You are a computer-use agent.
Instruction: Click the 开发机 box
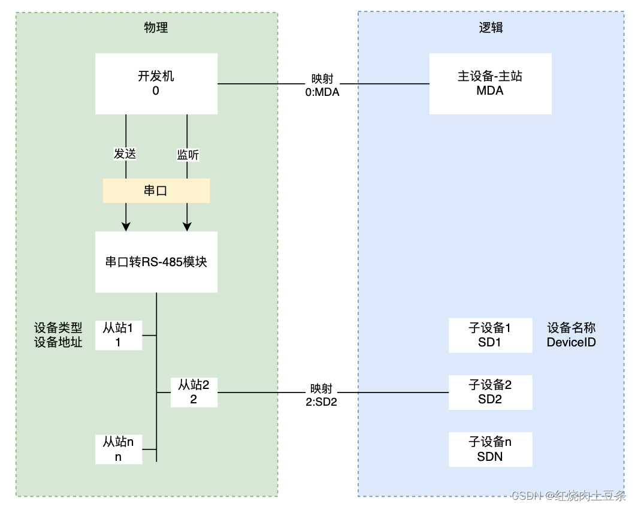pyautogui.click(x=156, y=83)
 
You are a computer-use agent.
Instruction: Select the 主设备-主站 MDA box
pyautogui.click(x=490, y=83)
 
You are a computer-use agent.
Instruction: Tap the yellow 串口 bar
pyautogui.click(x=156, y=191)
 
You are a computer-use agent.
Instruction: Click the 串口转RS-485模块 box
pyautogui.click(x=156, y=262)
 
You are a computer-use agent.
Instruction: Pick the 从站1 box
pyautogui.click(x=119, y=335)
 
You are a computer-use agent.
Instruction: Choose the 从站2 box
pyautogui.click(x=193, y=392)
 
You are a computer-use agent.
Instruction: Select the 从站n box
pyautogui.click(x=119, y=449)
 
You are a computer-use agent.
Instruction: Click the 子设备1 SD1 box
pyautogui.click(x=490, y=335)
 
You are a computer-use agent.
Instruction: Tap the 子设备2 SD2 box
pyautogui.click(x=490, y=392)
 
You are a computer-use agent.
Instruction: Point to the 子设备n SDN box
pyautogui.click(x=490, y=449)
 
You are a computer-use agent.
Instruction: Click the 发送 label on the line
pyautogui.click(x=125, y=154)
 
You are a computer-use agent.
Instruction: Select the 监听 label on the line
pyautogui.click(x=188, y=155)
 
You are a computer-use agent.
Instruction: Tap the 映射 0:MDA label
pyautogui.click(x=322, y=85)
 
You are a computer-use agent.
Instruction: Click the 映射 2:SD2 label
pyautogui.click(x=321, y=395)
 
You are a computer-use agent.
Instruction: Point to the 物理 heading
pyautogui.click(x=156, y=28)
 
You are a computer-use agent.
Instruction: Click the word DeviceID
pyautogui.click(x=571, y=342)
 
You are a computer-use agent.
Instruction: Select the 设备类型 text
pyautogui.click(x=58, y=328)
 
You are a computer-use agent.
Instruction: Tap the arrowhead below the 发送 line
pyautogui.click(x=126, y=227)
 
